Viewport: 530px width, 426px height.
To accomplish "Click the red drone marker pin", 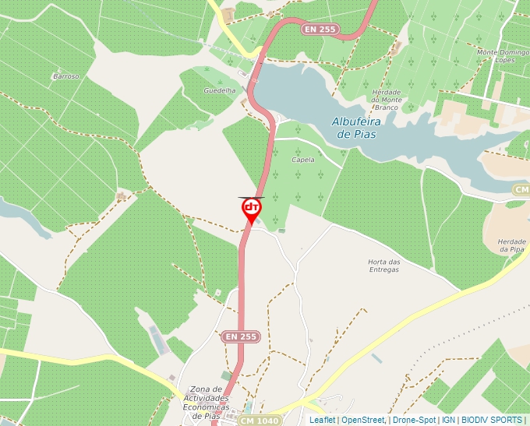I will click(x=251, y=209).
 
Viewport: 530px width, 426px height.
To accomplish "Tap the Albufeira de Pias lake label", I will click(x=354, y=128).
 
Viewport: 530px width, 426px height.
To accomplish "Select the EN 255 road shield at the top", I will click(x=320, y=29).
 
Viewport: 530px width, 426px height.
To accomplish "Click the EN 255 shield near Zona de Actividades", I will click(x=241, y=336).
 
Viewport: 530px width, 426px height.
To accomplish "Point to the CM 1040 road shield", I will click(x=260, y=421).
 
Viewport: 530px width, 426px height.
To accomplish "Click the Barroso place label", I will click(x=66, y=76).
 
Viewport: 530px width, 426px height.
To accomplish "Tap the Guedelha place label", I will click(x=219, y=91).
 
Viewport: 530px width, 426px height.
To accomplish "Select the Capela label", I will click(x=302, y=160).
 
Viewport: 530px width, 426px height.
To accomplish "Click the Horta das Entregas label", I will click(x=383, y=266).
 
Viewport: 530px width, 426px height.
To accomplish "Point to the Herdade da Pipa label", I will click(x=511, y=245).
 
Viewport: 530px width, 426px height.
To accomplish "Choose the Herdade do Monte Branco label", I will click(x=387, y=99).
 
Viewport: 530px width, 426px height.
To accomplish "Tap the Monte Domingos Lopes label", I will click(x=498, y=56).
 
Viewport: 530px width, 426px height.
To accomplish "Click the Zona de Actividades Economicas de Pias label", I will click(x=208, y=402).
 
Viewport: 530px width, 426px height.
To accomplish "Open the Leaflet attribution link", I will click(x=322, y=420).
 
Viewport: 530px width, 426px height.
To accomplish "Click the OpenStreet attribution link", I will click(x=362, y=420).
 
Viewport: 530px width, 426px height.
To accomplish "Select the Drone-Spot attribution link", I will click(x=414, y=420).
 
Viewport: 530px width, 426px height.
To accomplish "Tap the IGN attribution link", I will click(x=448, y=420).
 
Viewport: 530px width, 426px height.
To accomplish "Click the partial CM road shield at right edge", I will click(x=521, y=190).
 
